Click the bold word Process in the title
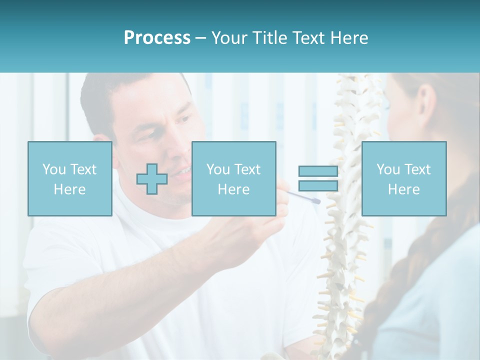point(157,37)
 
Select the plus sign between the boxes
point(152,179)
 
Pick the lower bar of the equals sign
point(318,186)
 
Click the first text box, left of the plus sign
point(69,178)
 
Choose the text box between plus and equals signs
point(233,178)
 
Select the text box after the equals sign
point(403,178)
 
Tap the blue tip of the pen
point(316,201)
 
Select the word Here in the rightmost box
point(403,189)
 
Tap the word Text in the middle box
point(248,169)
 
